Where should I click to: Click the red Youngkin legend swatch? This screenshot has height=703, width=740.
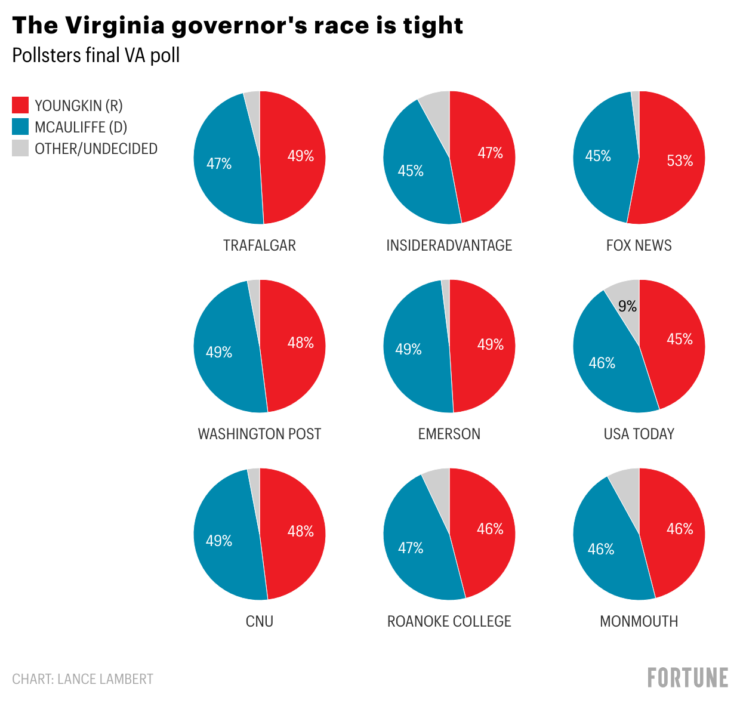(20, 106)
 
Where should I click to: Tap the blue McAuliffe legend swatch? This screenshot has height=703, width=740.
(20, 127)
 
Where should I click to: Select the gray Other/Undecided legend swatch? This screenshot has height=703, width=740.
(20, 149)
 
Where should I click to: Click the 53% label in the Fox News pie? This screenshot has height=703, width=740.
(680, 161)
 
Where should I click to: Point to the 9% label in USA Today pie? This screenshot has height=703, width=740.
(627, 306)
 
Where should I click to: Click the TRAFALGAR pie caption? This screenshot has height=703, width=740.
(260, 245)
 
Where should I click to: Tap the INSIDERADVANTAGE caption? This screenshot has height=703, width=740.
(449, 245)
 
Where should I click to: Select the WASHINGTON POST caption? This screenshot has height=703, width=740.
(260, 434)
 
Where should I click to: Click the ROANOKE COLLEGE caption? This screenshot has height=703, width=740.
(449, 621)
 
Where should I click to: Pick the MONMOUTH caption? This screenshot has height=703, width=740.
(639, 621)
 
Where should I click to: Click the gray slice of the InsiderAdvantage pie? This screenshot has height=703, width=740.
(437, 110)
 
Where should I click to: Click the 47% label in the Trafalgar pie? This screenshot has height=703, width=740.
(219, 164)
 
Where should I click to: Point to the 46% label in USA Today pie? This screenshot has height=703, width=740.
(602, 363)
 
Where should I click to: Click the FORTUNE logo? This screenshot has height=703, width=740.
(687, 678)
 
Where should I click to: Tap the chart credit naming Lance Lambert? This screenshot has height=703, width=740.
(83, 679)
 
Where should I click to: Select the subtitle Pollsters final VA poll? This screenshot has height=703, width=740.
(96, 55)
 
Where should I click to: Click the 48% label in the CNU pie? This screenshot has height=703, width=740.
(300, 531)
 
